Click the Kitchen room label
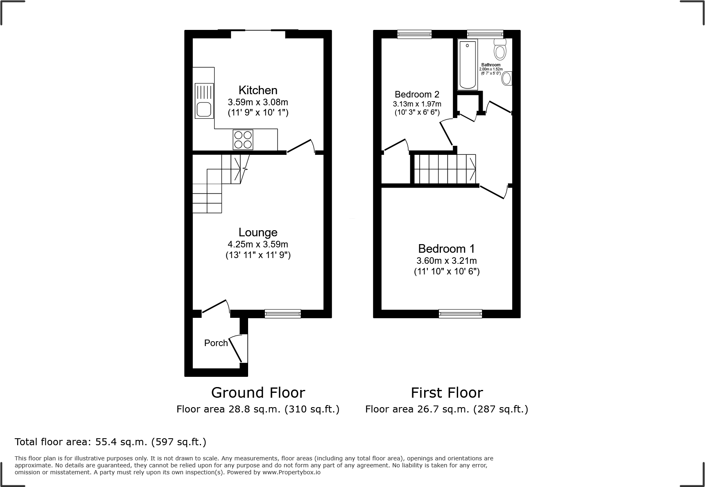(x=258, y=90)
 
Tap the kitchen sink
(x=204, y=101)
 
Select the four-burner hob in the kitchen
(x=243, y=140)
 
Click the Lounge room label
(x=258, y=233)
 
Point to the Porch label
(x=216, y=343)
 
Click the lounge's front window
(x=282, y=314)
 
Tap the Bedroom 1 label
(x=447, y=249)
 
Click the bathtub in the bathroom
(x=468, y=65)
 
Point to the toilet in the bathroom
(x=500, y=50)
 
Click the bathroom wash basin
(x=507, y=78)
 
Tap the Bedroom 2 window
(x=414, y=34)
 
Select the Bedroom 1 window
(x=460, y=314)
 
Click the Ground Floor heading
(x=258, y=393)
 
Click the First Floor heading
(x=447, y=393)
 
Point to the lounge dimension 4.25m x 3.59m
(x=258, y=245)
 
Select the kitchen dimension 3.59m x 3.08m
(x=258, y=102)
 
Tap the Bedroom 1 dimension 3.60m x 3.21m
(x=447, y=260)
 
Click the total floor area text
(x=111, y=442)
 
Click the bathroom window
(x=485, y=34)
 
